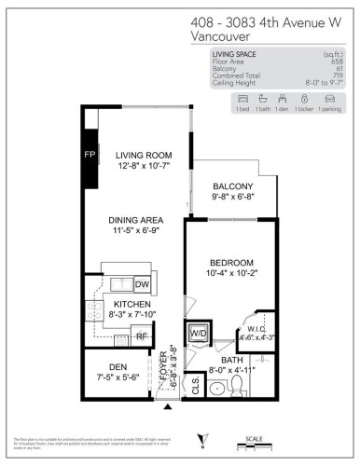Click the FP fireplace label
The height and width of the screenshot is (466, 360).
90,153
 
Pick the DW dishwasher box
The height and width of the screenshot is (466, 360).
143,284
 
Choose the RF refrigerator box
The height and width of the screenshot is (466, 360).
142,336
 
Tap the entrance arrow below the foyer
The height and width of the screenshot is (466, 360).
169,407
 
